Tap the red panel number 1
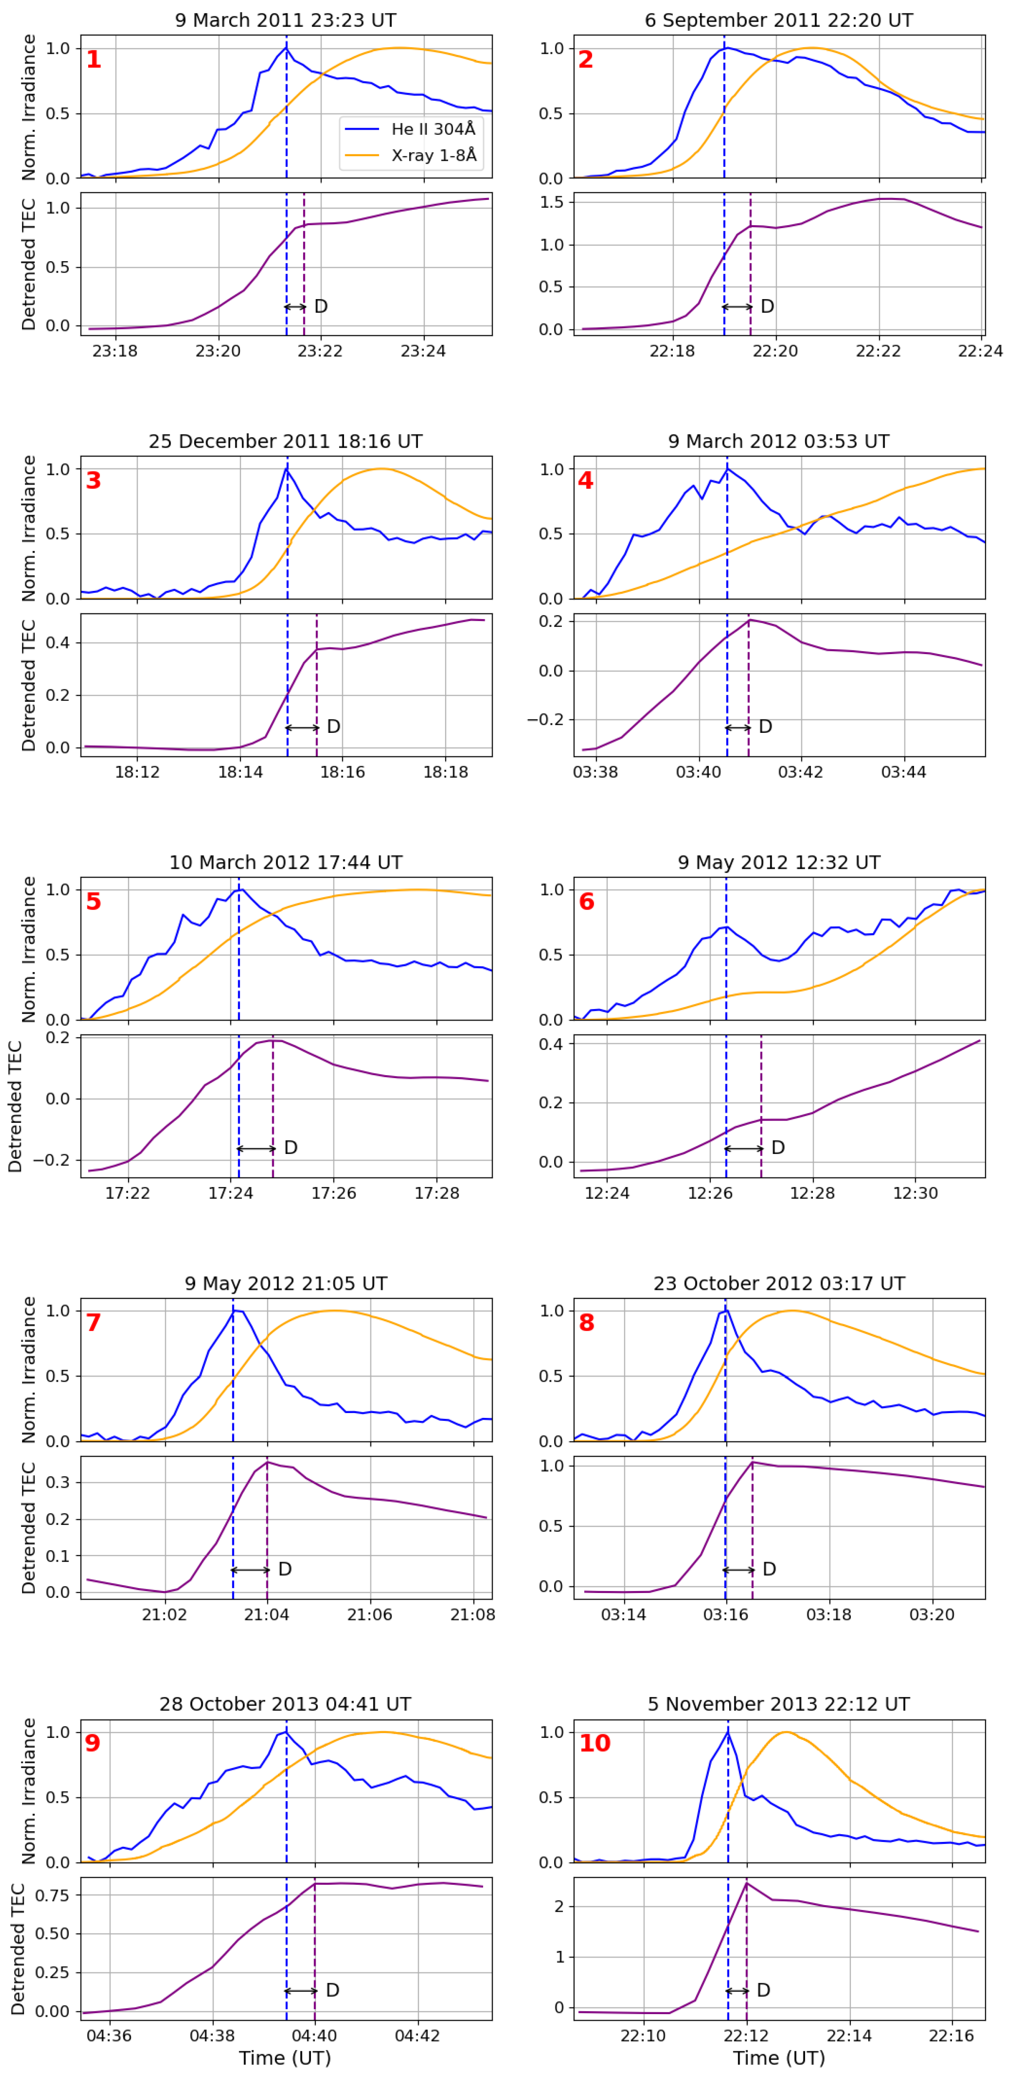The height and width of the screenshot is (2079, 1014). click(x=94, y=60)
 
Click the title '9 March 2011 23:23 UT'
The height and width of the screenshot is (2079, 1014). click(x=286, y=20)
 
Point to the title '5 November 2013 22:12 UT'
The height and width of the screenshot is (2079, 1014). click(x=778, y=1704)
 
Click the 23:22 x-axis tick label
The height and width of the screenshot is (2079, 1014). click(x=320, y=351)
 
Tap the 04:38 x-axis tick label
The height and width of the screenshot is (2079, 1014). click(x=212, y=2035)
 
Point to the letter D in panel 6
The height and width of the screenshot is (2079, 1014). click(x=778, y=1148)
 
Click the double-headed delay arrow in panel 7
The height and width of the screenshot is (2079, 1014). click(x=250, y=1570)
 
